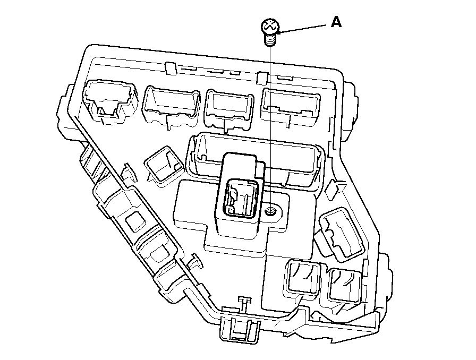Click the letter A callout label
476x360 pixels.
click(x=336, y=22)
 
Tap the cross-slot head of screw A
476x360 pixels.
click(x=269, y=26)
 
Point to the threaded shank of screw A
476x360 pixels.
click(x=271, y=39)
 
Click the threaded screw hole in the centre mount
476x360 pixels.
click(x=270, y=211)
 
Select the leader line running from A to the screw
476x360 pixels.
click(x=303, y=29)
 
